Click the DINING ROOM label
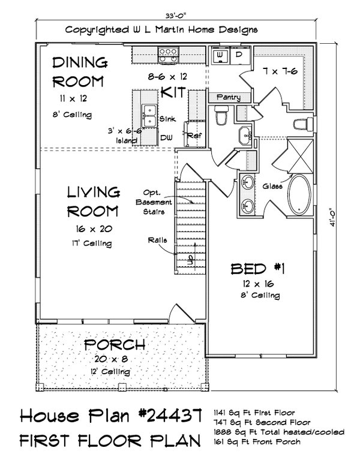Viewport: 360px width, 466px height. click(79, 71)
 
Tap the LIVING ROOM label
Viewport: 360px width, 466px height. click(92, 202)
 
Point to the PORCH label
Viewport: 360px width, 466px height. click(114, 345)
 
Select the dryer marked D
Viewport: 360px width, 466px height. click(238, 55)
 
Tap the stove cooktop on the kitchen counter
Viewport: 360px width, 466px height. click(167, 56)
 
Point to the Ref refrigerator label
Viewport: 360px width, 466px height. click(193, 136)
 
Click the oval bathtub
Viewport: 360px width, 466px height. click(298, 196)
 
